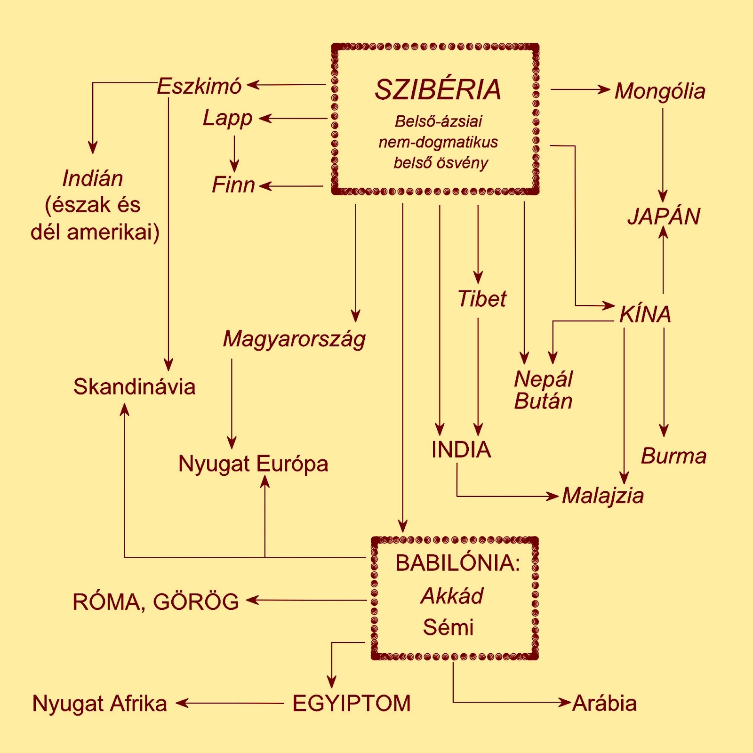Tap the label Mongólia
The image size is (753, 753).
pyautogui.click(x=660, y=91)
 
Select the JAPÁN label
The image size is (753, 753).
pyautogui.click(x=664, y=216)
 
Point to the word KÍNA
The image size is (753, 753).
pyautogui.click(x=645, y=314)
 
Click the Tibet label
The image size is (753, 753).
pyautogui.click(x=482, y=299)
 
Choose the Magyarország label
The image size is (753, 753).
pyautogui.click(x=294, y=339)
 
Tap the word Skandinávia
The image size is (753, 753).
pyautogui.click(x=134, y=387)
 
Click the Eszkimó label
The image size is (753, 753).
pyautogui.click(x=199, y=86)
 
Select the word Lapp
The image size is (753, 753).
pyautogui.click(x=227, y=118)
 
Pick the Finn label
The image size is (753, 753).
pyautogui.click(x=233, y=184)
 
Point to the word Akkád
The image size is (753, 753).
pyautogui.click(x=452, y=596)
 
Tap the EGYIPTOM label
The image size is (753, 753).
pyautogui.click(x=352, y=704)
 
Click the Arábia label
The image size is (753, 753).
pyautogui.click(x=605, y=704)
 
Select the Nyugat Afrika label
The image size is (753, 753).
pyautogui.click(x=99, y=704)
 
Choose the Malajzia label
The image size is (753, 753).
pyautogui.click(x=603, y=496)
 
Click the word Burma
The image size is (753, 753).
pyautogui.click(x=673, y=456)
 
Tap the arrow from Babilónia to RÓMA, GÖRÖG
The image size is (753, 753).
pyautogui.click(x=306, y=600)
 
